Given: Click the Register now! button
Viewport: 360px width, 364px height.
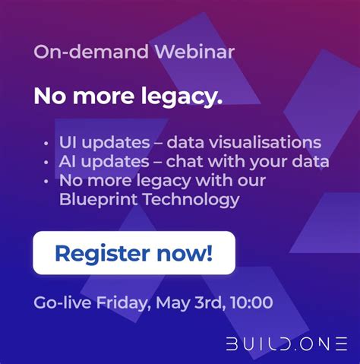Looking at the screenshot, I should (134, 252).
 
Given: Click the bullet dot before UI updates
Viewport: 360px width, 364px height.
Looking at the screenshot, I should (47, 143).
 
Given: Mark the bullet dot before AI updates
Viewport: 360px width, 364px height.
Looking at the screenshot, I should (47, 162).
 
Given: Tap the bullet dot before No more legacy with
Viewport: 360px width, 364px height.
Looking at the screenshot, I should (47, 182).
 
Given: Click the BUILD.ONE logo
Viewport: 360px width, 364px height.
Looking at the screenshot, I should (287, 343).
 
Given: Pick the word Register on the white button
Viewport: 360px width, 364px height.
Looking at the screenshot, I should (101, 253).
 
